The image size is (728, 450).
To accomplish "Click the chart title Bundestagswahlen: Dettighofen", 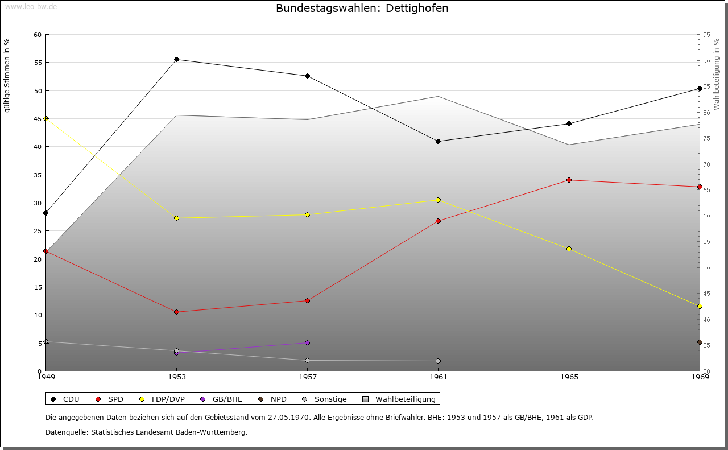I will (362, 9).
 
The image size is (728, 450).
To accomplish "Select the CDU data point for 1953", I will (177, 59).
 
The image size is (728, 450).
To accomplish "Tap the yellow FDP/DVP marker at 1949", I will (46, 118).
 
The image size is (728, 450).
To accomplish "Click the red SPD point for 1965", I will (569, 180).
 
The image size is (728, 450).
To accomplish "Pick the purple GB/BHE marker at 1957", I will (308, 342).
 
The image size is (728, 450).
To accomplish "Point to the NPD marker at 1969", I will (700, 342).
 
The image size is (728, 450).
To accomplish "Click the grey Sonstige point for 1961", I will (438, 361).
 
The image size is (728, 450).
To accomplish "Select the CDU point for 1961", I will (438, 141).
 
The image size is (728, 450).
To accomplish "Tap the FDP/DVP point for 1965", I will (569, 249).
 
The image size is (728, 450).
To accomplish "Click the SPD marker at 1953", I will (177, 312).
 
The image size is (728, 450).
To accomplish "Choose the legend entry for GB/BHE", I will (226, 399).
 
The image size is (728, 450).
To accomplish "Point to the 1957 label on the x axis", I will (308, 377).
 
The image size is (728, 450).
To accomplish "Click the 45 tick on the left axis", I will (38, 119).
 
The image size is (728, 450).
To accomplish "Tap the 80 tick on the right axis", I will (706, 113).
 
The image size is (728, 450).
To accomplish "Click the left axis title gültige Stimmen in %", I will (7, 75).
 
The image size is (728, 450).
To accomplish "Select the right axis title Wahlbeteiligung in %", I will (717, 75).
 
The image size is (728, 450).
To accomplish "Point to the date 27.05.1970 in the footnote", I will (288, 417).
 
